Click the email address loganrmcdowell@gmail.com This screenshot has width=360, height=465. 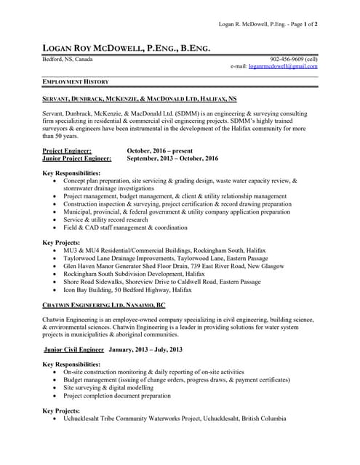[x=283, y=66]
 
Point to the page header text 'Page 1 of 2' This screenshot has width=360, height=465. [x=300, y=24]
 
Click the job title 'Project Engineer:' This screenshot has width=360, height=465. [x=67, y=150]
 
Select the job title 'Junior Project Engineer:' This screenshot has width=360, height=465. [x=77, y=158]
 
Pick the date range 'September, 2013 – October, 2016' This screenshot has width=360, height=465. [x=172, y=158]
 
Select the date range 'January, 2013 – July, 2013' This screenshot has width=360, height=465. [x=145, y=349]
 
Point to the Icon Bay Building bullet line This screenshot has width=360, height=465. [x=127, y=289]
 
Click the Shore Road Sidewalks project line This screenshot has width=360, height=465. [x=161, y=281]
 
